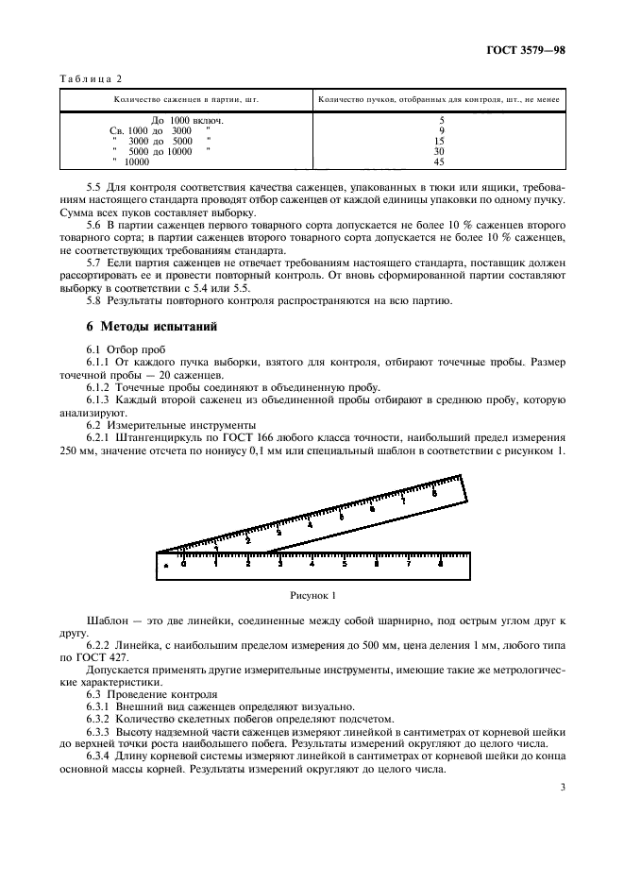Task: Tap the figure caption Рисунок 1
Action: click(312, 596)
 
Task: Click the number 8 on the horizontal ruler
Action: click(441, 563)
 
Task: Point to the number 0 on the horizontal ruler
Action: click(183, 563)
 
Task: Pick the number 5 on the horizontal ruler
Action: click(345, 563)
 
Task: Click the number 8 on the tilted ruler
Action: click(433, 492)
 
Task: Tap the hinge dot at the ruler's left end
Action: click(165, 565)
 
